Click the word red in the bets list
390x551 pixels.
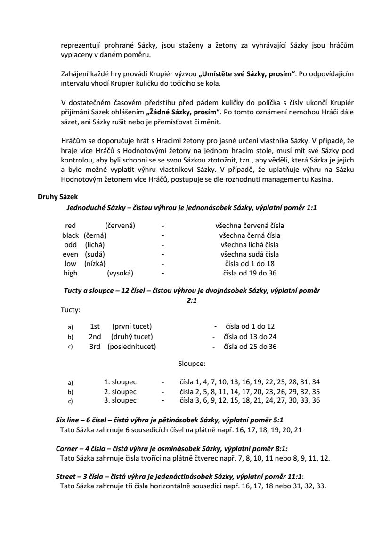click(x=70, y=226)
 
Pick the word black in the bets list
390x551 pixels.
click(x=71, y=235)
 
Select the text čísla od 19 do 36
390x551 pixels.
click(x=250, y=273)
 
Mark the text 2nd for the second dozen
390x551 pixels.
click(x=95, y=337)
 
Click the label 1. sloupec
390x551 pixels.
click(x=120, y=382)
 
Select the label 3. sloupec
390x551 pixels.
click(x=120, y=401)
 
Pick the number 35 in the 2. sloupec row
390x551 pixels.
click(x=316, y=391)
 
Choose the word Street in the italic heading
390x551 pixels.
click(x=65, y=477)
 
